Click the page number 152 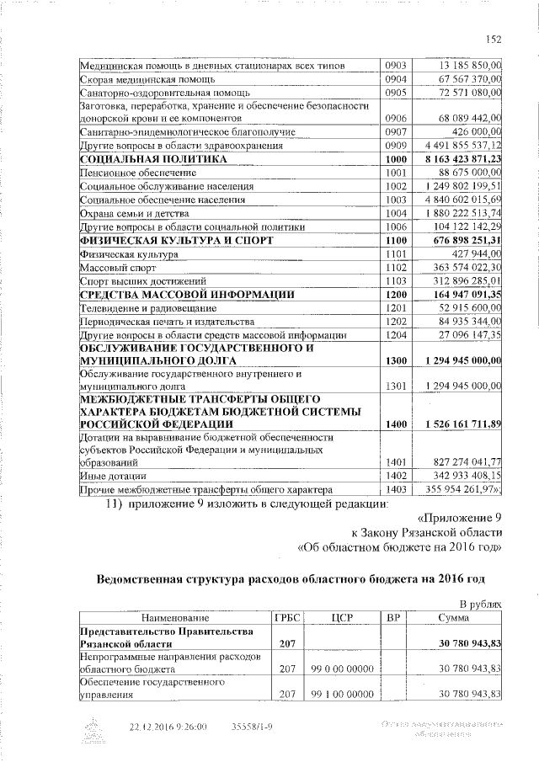pos(494,38)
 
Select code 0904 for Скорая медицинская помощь pos(395,78)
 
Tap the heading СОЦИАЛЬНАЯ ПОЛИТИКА pos(153,158)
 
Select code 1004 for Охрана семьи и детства pos(395,214)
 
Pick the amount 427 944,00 pos(477,253)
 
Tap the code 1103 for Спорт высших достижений pos(395,280)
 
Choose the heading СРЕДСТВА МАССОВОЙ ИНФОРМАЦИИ pos(186,295)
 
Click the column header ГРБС pos(286,616)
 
